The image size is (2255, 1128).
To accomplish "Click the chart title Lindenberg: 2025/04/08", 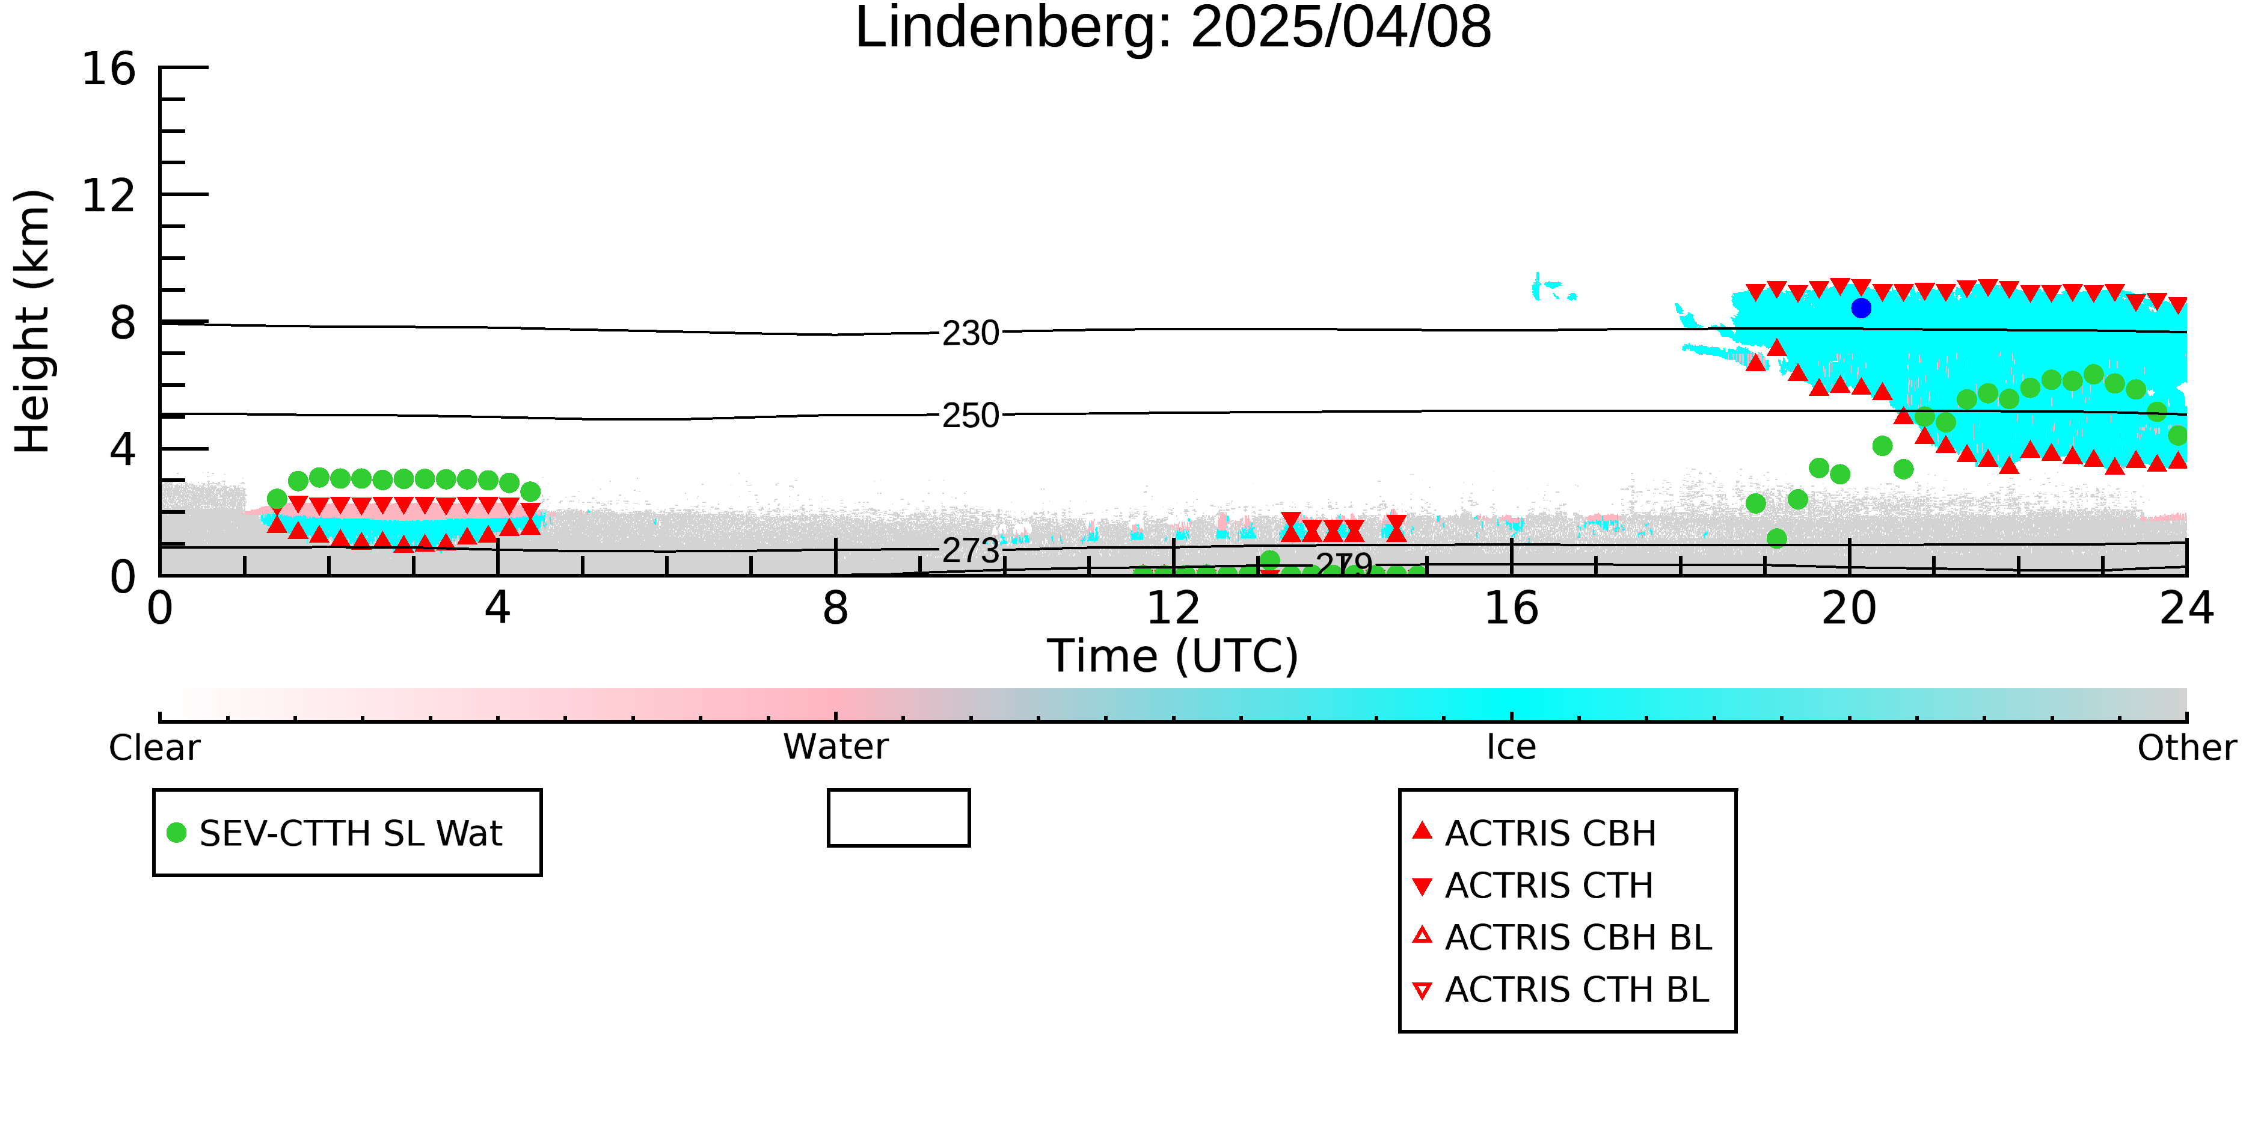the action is click(x=1173, y=28).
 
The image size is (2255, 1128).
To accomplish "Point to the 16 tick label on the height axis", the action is click(x=109, y=69).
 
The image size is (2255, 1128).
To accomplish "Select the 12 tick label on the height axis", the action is click(x=109, y=196).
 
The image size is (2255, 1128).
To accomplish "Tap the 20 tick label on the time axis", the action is click(x=1849, y=609).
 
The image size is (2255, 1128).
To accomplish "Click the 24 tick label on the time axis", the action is click(x=2186, y=609).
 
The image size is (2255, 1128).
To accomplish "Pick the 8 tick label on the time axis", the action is click(x=836, y=609).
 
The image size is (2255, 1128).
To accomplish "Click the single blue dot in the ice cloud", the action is click(x=1861, y=308).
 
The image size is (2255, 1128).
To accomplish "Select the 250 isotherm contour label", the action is click(x=970, y=416).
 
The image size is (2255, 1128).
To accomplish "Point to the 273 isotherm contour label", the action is click(x=970, y=551).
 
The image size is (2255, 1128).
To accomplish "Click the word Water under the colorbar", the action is click(x=836, y=747).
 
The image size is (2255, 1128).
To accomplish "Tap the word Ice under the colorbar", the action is click(x=1511, y=748).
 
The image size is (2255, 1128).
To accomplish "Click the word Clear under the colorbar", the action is click(x=154, y=748).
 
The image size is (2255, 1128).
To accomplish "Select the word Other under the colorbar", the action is click(x=2186, y=748).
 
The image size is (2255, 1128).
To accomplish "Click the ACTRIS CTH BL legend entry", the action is click(x=1561, y=990).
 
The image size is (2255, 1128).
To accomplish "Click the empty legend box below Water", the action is click(x=899, y=791).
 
